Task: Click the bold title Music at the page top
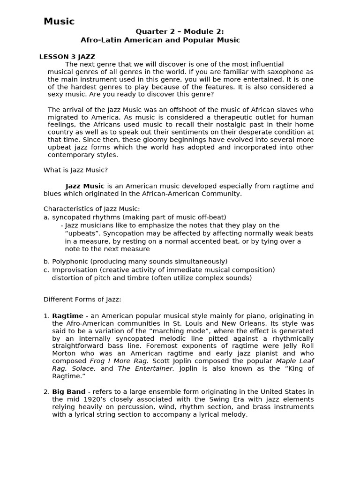pyautogui.click(x=59, y=21)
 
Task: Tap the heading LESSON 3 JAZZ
pyautogui.click(x=67, y=57)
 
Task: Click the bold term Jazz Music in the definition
pyautogui.click(x=85, y=186)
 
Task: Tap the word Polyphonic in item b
pyautogui.click(x=69, y=261)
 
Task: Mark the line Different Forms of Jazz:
pyautogui.click(x=82, y=299)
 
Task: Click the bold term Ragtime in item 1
pyautogui.click(x=67, y=316)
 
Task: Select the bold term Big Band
pyautogui.click(x=68, y=391)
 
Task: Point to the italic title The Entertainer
pyautogui.click(x=146, y=368)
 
